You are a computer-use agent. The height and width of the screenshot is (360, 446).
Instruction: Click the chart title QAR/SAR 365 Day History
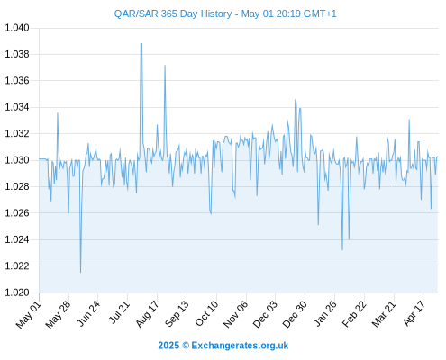173,13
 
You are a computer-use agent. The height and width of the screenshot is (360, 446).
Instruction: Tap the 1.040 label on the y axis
17,28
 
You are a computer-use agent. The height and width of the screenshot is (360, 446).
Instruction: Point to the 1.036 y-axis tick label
17,81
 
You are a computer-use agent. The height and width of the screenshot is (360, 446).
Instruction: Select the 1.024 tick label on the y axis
17,239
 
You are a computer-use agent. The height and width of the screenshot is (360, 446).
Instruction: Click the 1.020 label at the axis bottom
17,292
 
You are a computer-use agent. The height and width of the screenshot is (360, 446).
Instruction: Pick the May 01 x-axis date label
29,314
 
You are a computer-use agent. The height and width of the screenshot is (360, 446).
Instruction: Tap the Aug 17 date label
147,314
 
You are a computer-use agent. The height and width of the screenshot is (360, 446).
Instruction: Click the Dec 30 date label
295,314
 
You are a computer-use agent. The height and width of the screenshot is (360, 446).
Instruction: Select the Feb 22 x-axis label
354,314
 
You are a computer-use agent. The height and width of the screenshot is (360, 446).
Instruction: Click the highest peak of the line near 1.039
141,44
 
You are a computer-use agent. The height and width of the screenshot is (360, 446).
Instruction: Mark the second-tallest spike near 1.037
165,66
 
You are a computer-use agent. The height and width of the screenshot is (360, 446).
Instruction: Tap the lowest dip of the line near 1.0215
80,273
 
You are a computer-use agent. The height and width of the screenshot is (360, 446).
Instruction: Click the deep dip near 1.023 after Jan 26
342,249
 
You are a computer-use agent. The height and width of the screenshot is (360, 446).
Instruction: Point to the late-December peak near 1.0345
295,100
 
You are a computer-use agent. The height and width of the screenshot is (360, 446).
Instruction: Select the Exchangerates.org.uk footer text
240,346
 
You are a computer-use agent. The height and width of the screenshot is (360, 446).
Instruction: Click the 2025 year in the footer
168,346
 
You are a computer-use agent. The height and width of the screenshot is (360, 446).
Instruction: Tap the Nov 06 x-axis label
236,314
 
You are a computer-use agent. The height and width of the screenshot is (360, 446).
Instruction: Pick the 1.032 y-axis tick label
17,133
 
